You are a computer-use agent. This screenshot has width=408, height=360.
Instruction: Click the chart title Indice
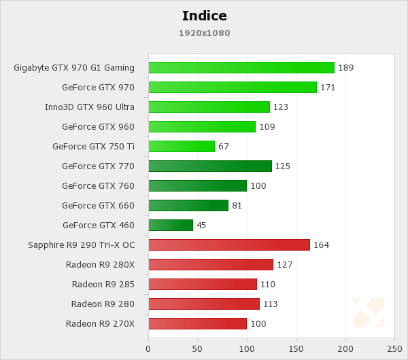[204, 16]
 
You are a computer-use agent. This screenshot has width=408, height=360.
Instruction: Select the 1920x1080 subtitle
[204, 33]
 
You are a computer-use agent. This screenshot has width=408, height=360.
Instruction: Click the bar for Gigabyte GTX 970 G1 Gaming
[241, 67]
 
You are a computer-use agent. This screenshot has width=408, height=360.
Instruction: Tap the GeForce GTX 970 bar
[233, 87]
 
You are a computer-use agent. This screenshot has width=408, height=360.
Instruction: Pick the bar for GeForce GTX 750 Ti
[182, 146]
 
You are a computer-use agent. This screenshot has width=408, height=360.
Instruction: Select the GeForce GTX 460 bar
[171, 225]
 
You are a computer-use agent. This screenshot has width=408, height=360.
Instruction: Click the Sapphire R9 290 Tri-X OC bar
[229, 245]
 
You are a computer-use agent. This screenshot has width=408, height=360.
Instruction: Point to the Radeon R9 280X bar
[211, 264]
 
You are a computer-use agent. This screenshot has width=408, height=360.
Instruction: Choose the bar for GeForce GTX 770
[210, 166]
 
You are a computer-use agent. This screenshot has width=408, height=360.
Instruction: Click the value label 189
[345, 68]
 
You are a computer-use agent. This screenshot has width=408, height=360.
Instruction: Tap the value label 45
[201, 226]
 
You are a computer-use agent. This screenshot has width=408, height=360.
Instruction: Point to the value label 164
[321, 245]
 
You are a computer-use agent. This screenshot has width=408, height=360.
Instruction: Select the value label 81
[237, 206]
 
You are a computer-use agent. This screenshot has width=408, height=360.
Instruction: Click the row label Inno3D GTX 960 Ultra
[90, 107]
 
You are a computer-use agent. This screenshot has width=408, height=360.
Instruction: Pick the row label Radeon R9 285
[103, 285]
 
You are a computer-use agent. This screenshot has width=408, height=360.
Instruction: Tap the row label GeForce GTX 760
[98, 186]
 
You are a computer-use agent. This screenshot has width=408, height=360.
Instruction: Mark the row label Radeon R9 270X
[100, 324]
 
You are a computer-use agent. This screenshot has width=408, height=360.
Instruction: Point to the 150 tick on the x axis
[296, 349]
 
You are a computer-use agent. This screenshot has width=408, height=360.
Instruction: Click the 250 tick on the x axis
[394, 349]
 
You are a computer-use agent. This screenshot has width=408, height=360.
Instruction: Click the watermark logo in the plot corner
[369, 312]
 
